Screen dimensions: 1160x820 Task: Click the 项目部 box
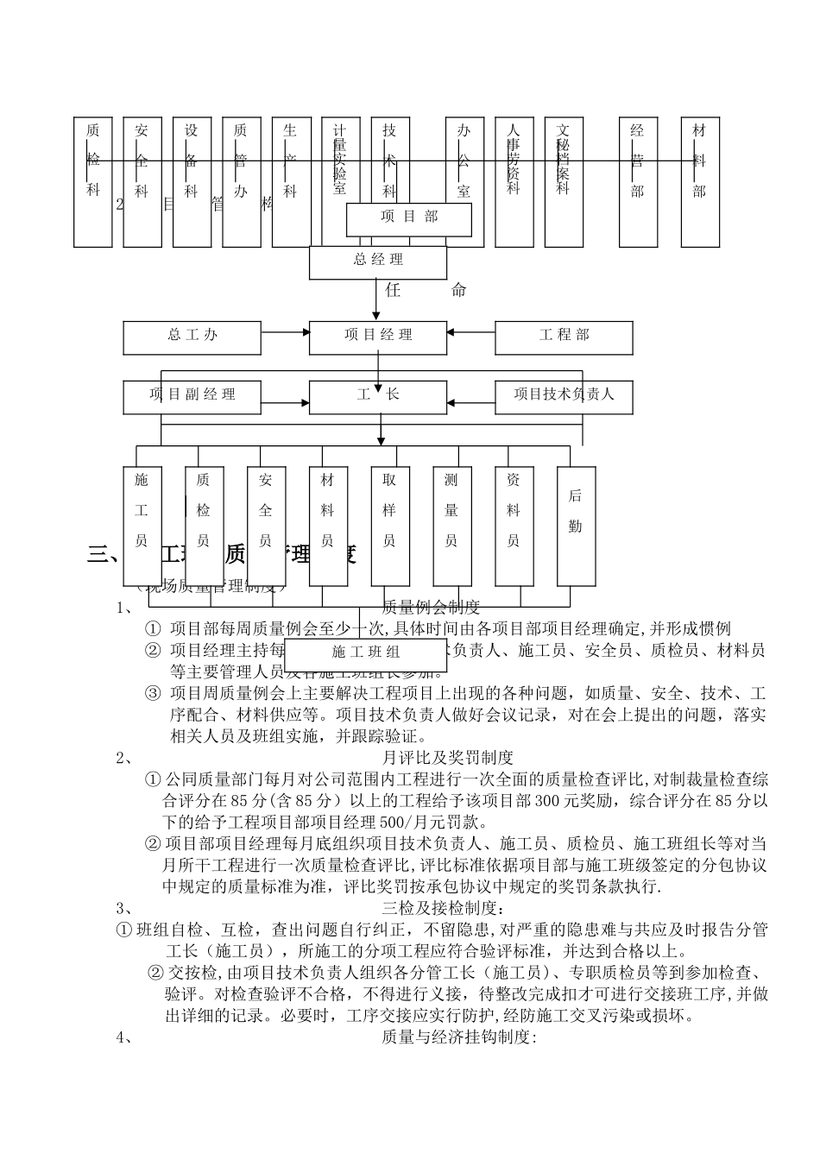[409, 218]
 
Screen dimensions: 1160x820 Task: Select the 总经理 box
[378, 262]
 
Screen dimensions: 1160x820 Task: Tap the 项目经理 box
[378, 337]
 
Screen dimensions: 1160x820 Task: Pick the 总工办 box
[192, 337]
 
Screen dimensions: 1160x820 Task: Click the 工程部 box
[564, 337]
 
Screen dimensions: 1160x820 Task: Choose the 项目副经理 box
[192, 396]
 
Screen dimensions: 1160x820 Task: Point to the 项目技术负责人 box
[564, 396]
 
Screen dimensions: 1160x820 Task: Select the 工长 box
[378, 396]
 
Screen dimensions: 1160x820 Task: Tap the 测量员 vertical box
[451, 526]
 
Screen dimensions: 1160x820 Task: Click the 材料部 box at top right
[699, 181]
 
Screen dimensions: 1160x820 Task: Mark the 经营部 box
[638, 181]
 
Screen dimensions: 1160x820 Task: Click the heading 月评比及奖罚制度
[447, 758]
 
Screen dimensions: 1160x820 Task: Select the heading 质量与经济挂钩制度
[459, 1037]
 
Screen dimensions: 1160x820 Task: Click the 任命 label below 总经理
[425, 291]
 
